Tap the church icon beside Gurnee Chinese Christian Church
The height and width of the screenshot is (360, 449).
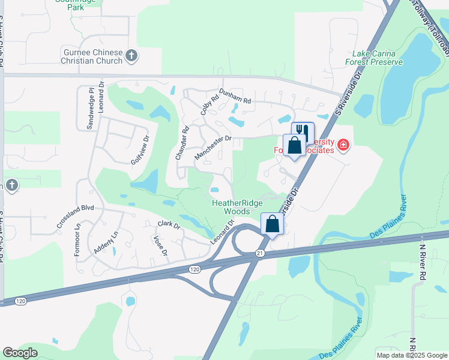click(133, 57)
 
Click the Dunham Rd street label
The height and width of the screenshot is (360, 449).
click(233, 97)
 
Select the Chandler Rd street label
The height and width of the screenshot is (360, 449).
click(182, 142)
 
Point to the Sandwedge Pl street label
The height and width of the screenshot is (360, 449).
click(91, 108)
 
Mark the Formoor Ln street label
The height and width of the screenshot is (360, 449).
click(77, 241)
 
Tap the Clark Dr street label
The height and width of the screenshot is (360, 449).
click(169, 224)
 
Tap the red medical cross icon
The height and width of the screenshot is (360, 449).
click(343, 145)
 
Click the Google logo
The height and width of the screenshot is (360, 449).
click(20, 353)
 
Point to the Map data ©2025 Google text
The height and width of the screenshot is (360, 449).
click(411, 355)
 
